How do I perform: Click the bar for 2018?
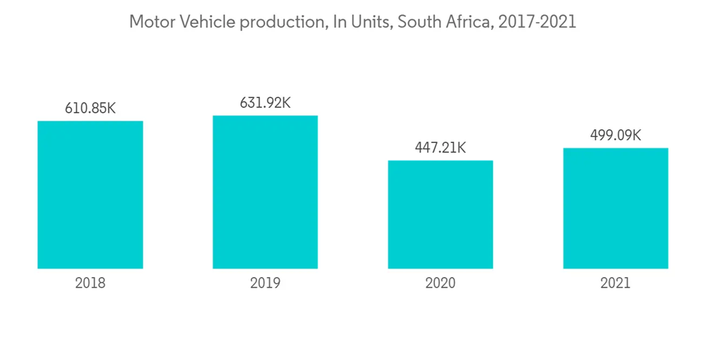[x=90, y=194]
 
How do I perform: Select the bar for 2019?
[x=265, y=192]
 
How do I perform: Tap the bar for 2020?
[x=440, y=214]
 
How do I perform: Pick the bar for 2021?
[x=615, y=208]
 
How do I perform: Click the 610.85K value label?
[x=90, y=109]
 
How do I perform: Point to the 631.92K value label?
[x=265, y=103]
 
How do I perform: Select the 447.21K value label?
[x=440, y=148]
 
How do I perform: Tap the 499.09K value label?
[x=615, y=136]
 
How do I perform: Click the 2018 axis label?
[x=90, y=283]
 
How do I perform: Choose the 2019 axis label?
[x=265, y=283]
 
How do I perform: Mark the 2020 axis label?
[x=440, y=283]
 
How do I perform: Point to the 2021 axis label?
[x=615, y=283]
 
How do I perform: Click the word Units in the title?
[x=368, y=22]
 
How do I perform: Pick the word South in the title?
[x=418, y=22]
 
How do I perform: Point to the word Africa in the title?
[x=468, y=22]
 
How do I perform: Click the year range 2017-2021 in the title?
[x=537, y=22]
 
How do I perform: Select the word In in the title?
[x=337, y=22]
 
